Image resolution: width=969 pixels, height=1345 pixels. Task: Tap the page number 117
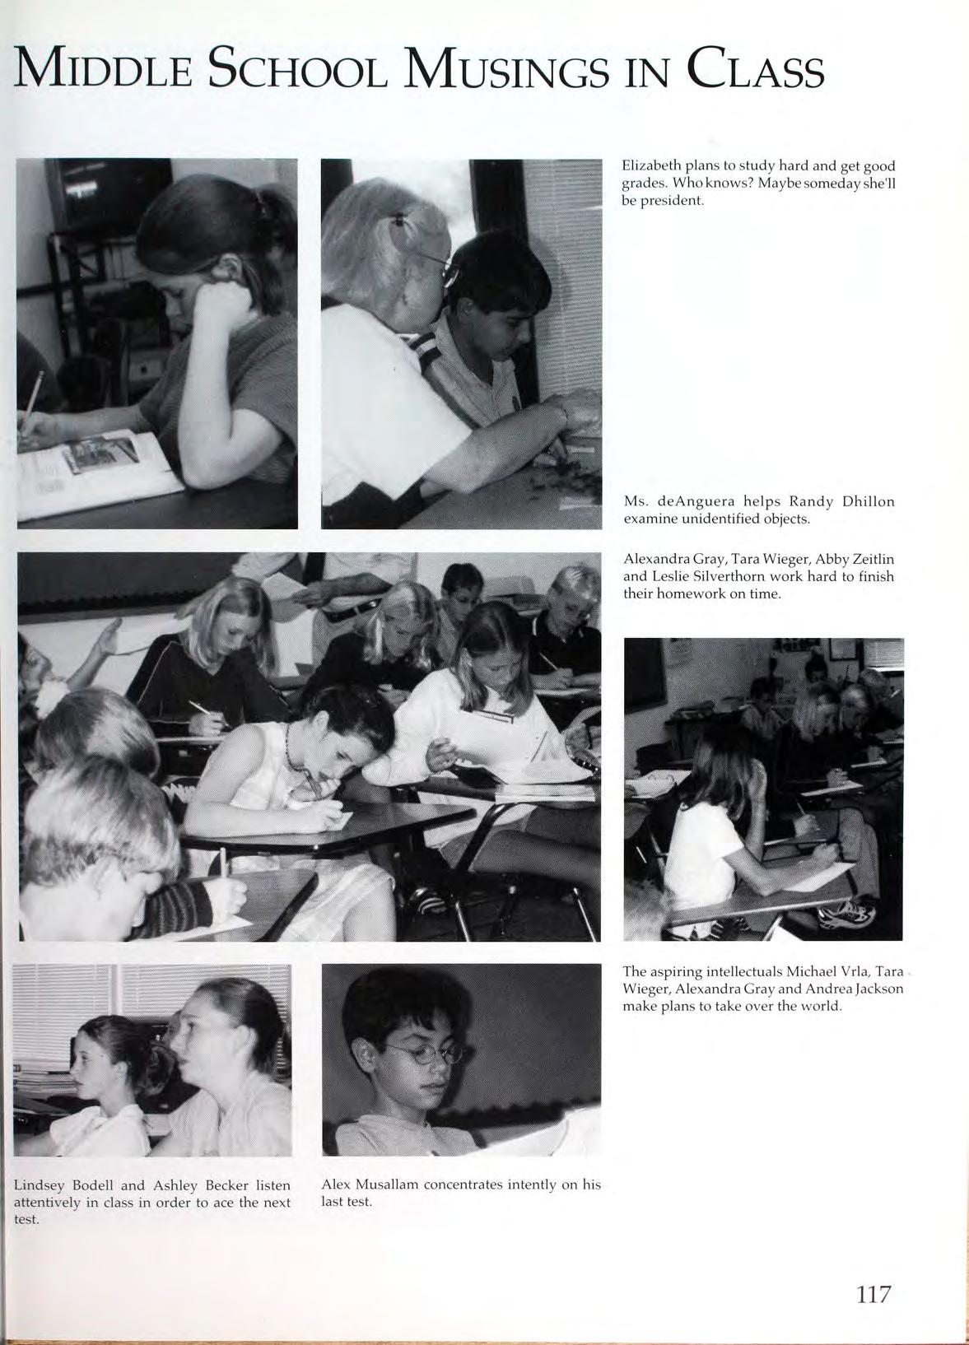[x=873, y=1294]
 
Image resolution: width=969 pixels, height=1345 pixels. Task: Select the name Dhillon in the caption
[x=867, y=501]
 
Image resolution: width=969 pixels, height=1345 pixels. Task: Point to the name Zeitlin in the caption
[x=869, y=559]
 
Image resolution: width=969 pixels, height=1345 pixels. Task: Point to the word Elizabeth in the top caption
[x=650, y=165]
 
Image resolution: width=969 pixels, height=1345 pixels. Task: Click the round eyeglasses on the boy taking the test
[x=428, y=1053]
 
